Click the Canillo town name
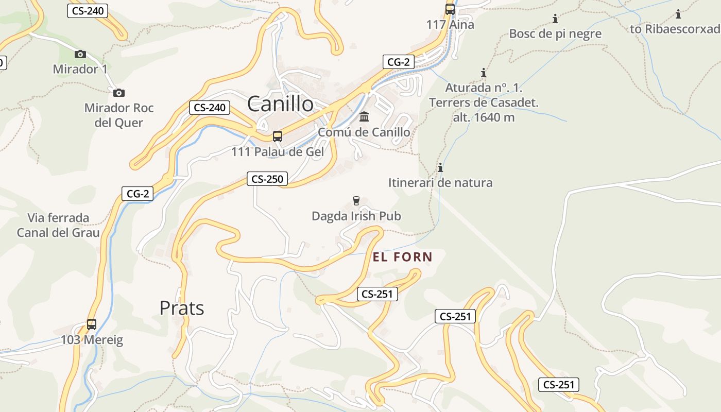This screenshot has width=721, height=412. click(x=280, y=104)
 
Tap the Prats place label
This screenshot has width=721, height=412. click(x=182, y=308)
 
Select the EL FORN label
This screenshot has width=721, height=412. click(x=402, y=257)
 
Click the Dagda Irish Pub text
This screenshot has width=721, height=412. click(x=356, y=216)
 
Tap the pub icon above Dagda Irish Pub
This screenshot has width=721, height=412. click(x=356, y=200)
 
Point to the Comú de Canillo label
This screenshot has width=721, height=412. click(x=364, y=132)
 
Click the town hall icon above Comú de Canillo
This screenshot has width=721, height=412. click(x=364, y=116)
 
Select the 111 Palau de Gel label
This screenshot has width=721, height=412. click(x=278, y=152)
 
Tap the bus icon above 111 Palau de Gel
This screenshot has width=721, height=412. click(x=278, y=136)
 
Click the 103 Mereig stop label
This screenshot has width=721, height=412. click(x=92, y=340)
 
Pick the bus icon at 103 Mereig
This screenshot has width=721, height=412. click(x=92, y=324)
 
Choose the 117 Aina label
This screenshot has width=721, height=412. click(x=450, y=24)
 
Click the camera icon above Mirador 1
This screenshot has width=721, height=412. click(x=80, y=54)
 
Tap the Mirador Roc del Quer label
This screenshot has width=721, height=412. click(x=119, y=115)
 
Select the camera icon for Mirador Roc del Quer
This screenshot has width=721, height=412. click(x=119, y=93)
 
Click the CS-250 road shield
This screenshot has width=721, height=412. click(x=267, y=179)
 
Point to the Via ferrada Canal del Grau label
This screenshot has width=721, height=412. click(x=58, y=225)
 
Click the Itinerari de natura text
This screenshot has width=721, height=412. click(x=440, y=183)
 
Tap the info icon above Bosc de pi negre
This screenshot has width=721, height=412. click(x=555, y=19)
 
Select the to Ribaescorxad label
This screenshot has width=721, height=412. click(x=675, y=29)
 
